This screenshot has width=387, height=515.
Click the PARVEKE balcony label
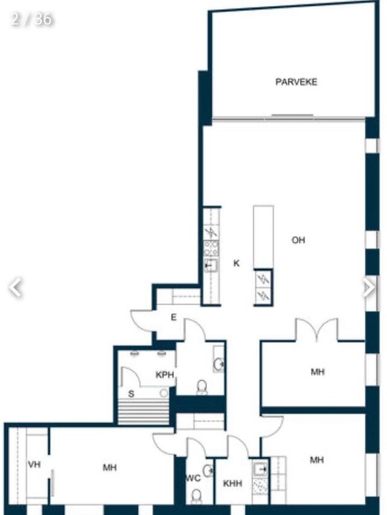tap(296, 82)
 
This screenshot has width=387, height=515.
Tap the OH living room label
tap(298, 240)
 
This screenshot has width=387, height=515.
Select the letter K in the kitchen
tap(237, 263)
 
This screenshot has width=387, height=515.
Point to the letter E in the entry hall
tap(174, 317)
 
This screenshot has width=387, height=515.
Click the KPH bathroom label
tap(164, 374)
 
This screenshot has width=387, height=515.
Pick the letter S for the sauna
tap(131, 394)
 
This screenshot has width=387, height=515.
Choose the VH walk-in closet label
tap(34, 464)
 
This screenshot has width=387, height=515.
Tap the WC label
tap(193, 478)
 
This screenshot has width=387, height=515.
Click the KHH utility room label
tap(232, 484)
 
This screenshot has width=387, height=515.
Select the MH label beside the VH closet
tap(109, 467)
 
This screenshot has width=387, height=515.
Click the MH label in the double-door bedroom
tap(318, 372)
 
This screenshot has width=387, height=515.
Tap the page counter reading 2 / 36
tap(31, 19)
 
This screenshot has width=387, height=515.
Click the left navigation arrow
tap(15, 288)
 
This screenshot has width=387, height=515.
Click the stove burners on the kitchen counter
tap(211, 248)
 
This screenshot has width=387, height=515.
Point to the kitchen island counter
tap(263, 237)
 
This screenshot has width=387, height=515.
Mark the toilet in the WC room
tap(196, 496)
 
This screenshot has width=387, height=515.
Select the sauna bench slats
tap(143, 411)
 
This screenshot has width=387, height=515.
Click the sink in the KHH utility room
tap(260, 469)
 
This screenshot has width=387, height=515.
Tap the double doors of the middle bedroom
tap(316, 329)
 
